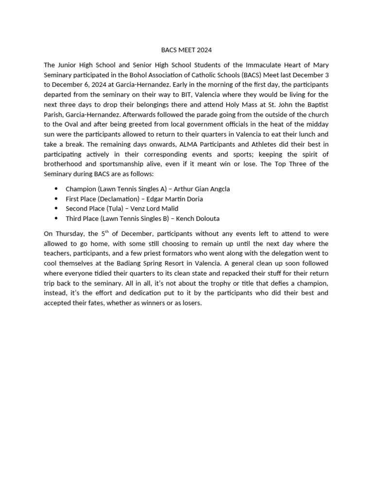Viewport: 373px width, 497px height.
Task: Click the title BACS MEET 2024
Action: (x=186, y=50)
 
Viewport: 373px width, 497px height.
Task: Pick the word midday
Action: (x=319, y=124)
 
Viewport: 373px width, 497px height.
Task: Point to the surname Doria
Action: (x=194, y=199)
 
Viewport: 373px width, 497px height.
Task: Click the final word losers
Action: (x=190, y=303)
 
